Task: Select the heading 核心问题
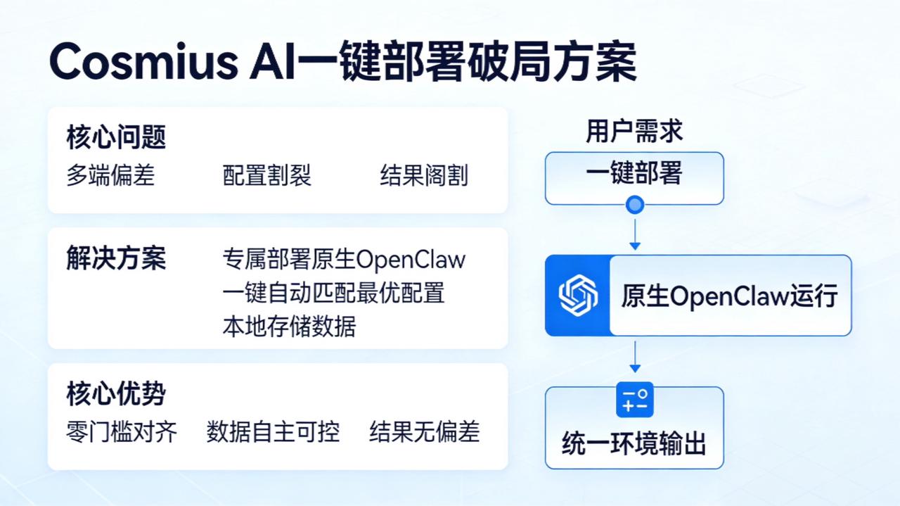pos(116,137)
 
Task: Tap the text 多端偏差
pos(110,175)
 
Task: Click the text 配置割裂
pos(267,175)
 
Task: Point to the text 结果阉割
pos(424,175)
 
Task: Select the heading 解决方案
pos(116,258)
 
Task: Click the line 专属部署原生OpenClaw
pos(344,259)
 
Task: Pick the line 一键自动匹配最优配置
pos(333,292)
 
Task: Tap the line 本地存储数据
pos(289,326)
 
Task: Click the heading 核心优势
pos(116,393)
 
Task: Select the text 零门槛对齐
pos(122,431)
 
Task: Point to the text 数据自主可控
pos(273,431)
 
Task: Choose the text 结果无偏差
pos(425,431)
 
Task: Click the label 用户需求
pos(634,131)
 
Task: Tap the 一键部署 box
pos(634,174)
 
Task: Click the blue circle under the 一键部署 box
pos(635,205)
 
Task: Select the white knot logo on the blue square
pos(577,295)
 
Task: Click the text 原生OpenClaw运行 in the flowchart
pos(729,296)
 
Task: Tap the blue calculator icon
pos(635,400)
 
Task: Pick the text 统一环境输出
pos(634,443)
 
